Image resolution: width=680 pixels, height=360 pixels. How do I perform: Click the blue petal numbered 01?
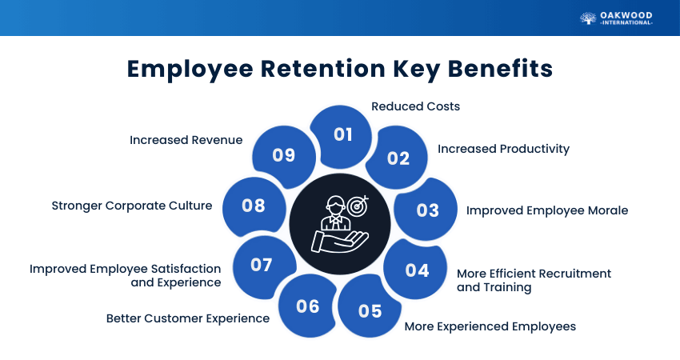[342, 135]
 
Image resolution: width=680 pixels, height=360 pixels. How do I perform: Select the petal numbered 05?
[369, 307]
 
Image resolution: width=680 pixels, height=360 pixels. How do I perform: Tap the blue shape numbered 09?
[284, 156]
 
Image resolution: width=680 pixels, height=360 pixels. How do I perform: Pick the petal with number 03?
[426, 210]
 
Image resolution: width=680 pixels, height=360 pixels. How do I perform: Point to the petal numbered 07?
[263, 266]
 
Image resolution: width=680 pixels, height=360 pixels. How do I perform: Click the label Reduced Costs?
[415, 106]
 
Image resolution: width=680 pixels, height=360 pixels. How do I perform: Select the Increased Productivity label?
[503, 149]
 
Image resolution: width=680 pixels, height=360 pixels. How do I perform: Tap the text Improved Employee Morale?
[547, 210]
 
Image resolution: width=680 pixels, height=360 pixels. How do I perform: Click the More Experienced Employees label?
[490, 326]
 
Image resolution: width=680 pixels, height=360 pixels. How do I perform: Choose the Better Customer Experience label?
[188, 318]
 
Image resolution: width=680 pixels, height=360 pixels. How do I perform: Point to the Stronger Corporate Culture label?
[132, 206]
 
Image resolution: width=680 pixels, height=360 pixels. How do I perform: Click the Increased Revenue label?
[186, 140]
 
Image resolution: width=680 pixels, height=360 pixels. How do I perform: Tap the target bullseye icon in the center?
[358, 206]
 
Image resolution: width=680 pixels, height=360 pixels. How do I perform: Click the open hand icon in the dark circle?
[339, 241]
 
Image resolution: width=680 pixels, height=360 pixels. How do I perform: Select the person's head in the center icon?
[334, 205]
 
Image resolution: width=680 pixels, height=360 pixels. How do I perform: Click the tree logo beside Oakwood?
[588, 18]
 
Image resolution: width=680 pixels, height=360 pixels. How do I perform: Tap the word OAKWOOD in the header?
[626, 15]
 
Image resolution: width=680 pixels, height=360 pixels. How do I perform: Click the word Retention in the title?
[322, 69]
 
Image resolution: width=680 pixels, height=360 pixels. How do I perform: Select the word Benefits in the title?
[500, 69]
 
